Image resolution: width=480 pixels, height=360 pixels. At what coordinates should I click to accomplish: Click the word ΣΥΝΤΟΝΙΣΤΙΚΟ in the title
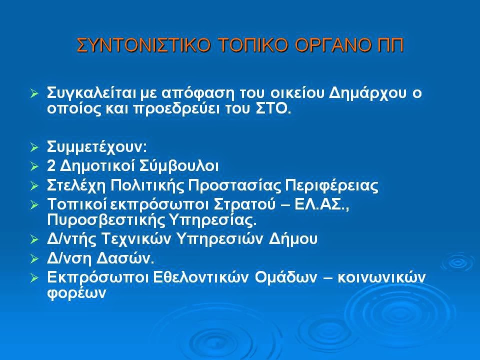tap(143, 45)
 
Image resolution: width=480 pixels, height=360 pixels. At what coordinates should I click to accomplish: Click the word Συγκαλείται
tap(91, 93)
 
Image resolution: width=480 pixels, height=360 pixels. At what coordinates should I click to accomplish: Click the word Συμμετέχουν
tap(96, 147)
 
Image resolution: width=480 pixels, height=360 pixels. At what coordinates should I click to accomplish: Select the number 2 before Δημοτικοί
tap(51, 166)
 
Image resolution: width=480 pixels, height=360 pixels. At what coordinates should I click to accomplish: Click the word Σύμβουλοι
tap(179, 166)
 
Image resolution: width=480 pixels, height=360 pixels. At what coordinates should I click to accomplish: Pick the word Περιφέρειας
tap(331, 185)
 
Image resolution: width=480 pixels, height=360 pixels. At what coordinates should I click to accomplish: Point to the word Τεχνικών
tap(135, 239)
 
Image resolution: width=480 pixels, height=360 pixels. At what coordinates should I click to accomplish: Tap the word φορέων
tap(76, 293)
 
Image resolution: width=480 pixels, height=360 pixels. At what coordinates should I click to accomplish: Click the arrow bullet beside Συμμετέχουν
tap(34, 147)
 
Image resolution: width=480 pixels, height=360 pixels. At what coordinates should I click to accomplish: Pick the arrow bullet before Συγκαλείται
tap(34, 93)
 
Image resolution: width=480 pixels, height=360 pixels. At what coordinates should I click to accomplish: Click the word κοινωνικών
tap(381, 277)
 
